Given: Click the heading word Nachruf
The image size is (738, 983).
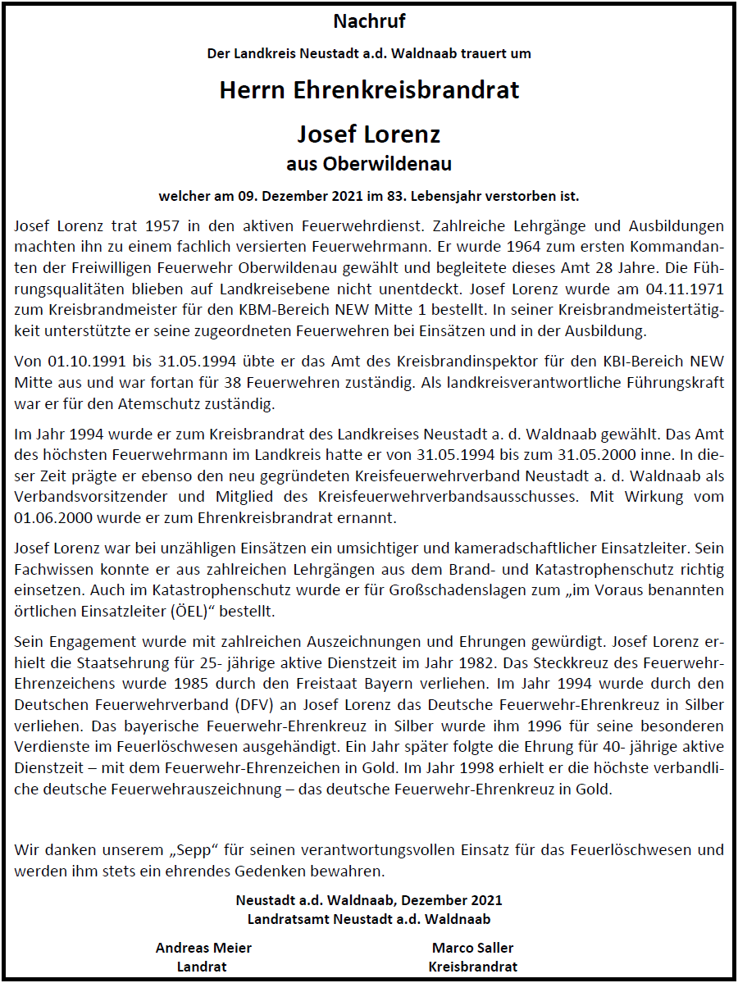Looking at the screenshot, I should point(369,21).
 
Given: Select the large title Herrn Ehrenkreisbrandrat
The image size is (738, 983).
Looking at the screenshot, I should point(369,89).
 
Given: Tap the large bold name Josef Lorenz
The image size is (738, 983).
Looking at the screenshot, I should point(369,134).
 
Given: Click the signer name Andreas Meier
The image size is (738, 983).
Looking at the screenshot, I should point(203,948).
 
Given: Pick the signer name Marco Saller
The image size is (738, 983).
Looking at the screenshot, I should point(472,948).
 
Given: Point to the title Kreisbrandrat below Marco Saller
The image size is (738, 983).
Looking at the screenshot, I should point(472,967).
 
